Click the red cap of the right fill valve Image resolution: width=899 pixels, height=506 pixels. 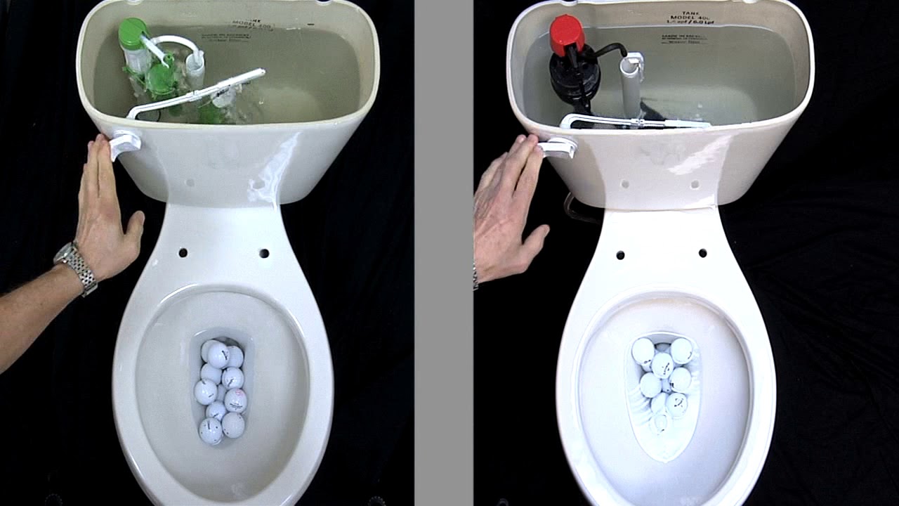[x=566, y=33]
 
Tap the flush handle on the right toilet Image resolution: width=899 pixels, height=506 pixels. [x=558, y=148]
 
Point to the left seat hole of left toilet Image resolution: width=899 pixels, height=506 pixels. [x=183, y=252]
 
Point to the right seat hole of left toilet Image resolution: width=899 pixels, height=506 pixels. [x=264, y=253]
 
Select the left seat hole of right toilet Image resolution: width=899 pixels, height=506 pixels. [x=620, y=254]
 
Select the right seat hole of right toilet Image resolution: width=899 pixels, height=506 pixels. [x=702, y=253]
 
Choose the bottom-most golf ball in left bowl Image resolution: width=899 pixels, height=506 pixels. [x=210, y=430]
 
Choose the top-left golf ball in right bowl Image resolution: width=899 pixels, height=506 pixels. [x=643, y=350]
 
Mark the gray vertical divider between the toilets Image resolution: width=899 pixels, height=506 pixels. [x=443, y=253]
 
